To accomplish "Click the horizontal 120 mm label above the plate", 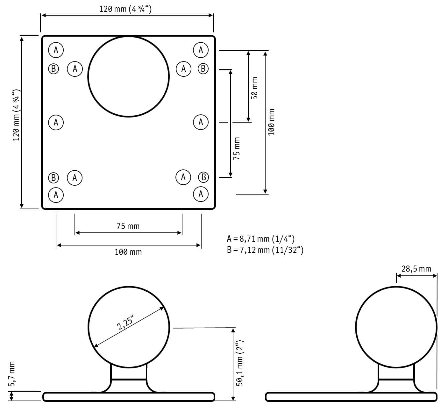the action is click(x=125, y=9).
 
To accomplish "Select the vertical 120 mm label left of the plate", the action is click(x=16, y=115).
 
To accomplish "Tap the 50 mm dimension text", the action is click(x=254, y=88).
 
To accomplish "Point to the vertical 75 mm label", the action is click(x=236, y=149).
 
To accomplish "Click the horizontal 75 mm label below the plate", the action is click(x=128, y=226).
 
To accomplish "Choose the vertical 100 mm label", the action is click(x=271, y=122).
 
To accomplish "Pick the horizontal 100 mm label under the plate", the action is click(x=128, y=252).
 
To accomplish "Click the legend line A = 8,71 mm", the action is click(x=261, y=239).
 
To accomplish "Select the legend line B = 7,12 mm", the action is click(x=265, y=250).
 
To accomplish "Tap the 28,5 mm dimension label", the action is click(x=416, y=269).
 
